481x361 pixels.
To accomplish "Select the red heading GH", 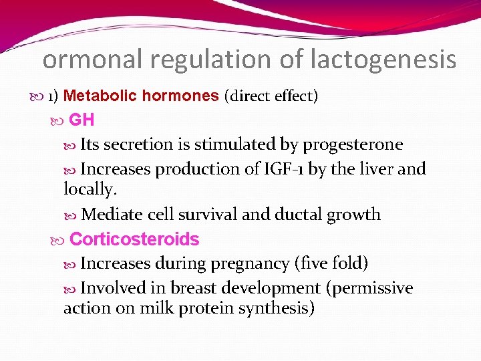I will [82, 120].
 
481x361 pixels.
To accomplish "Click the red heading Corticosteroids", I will [134, 239].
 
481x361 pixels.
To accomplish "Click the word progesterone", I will [353, 144].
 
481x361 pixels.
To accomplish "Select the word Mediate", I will [108, 215].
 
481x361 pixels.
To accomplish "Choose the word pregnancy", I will [249, 263].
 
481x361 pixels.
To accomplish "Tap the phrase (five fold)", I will [331, 263].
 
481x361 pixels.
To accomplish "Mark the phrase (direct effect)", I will [271, 96].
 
